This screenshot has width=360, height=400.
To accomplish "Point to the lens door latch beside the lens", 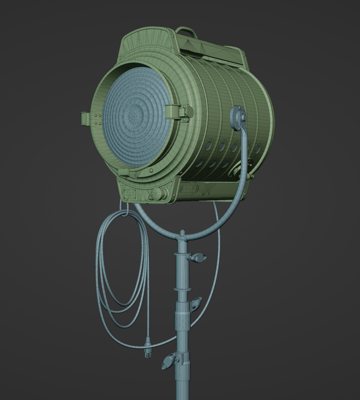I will [x=179, y=112].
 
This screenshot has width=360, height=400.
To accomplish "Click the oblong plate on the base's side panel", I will [x=189, y=189].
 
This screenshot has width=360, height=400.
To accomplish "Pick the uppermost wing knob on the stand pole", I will [x=197, y=257].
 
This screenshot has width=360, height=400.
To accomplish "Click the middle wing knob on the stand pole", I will [x=195, y=304].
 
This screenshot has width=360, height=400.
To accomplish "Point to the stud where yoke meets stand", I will [x=182, y=233].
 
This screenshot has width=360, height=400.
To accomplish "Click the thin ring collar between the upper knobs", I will [x=182, y=289].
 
